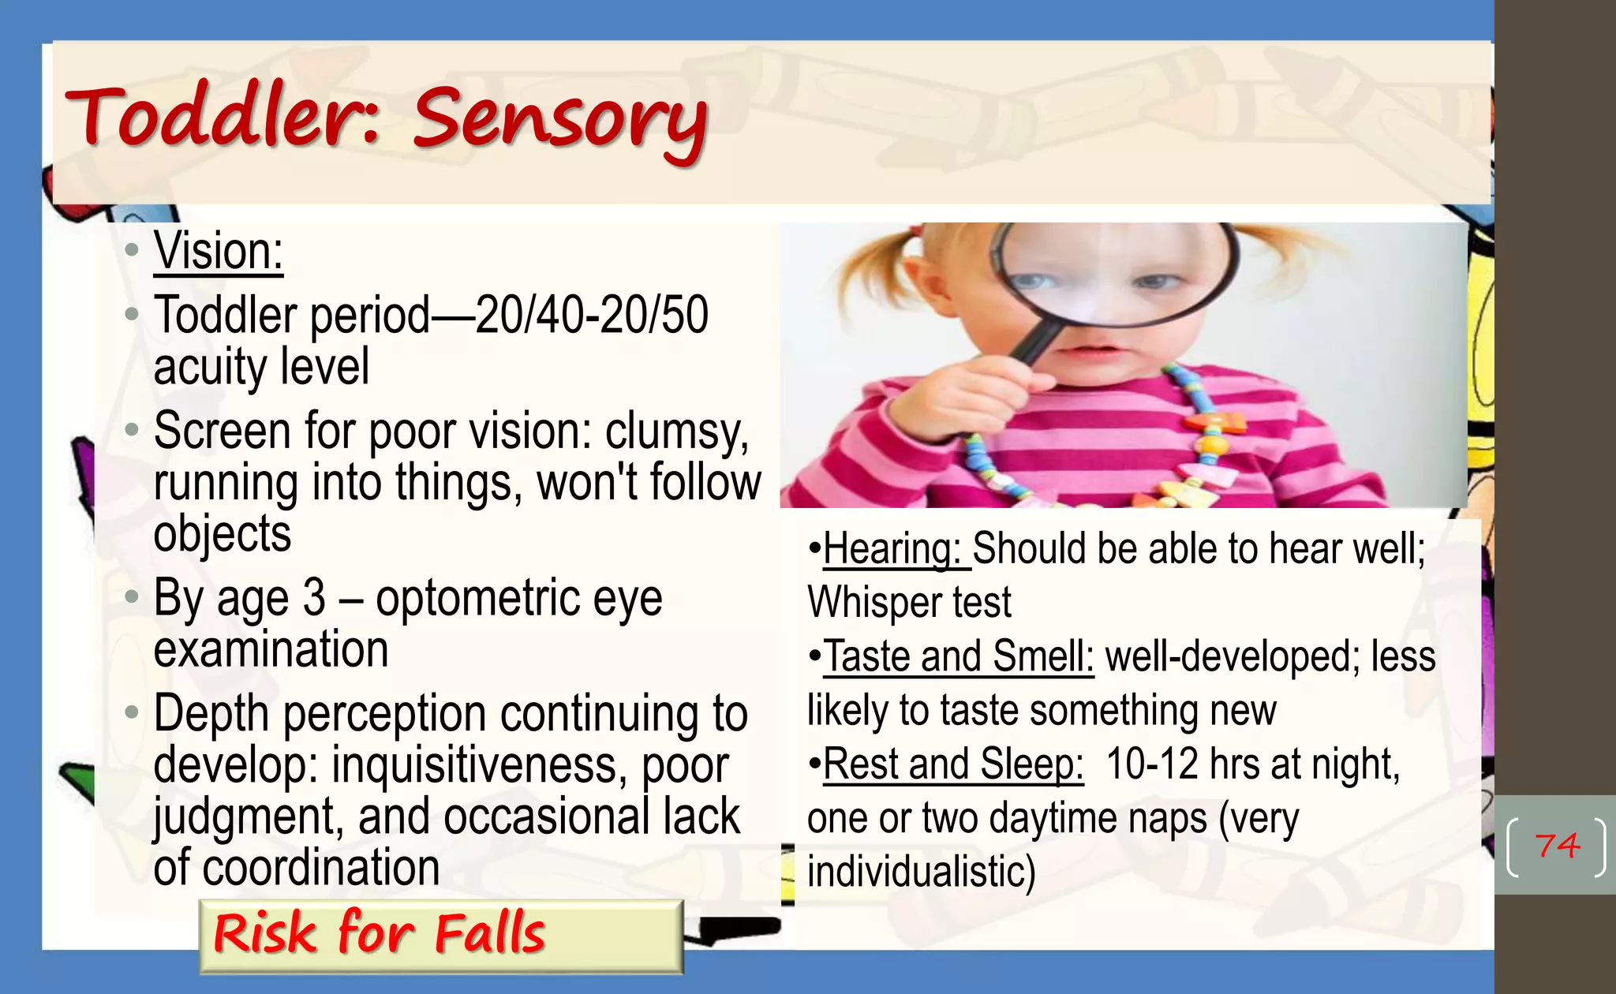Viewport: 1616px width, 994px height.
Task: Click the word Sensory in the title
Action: coord(559,120)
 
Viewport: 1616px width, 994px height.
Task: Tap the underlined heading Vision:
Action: coord(218,252)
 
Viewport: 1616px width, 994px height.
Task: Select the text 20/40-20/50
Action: coord(592,316)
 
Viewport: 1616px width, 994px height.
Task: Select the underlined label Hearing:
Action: coord(892,549)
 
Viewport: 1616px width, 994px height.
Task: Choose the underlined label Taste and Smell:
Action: coord(959,657)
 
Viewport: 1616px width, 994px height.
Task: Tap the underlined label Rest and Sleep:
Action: coord(953,764)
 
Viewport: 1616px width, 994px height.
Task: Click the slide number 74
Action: coord(1557,846)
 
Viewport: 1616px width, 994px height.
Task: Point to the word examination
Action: coord(271,650)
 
